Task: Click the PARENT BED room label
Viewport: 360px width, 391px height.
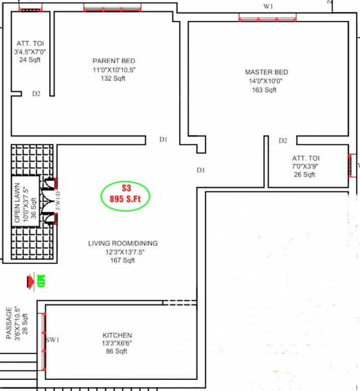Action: [x=113, y=61]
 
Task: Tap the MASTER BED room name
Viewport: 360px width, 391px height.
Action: [x=266, y=72]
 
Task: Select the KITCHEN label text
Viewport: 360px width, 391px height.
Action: [x=117, y=335]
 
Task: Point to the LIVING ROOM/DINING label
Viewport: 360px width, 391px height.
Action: [x=123, y=243]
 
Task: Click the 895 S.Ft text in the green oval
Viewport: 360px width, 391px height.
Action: [x=125, y=199]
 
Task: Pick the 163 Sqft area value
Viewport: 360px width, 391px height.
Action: [x=264, y=90]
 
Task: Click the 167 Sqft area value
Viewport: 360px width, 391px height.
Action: [x=123, y=261]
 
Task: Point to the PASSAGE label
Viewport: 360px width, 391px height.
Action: [x=9, y=323]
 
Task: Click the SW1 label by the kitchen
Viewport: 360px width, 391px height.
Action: [x=53, y=340]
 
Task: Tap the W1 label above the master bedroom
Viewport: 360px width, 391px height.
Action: [x=268, y=7]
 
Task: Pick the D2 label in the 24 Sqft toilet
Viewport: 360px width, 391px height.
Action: [x=36, y=93]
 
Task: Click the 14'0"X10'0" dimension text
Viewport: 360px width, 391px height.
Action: [x=265, y=81]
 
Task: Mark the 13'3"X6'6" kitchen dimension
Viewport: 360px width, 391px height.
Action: [x=117, y=343]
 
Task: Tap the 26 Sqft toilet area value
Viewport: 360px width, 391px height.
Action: [x=305, y=175]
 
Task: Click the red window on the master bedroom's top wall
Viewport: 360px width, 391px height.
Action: [x=267, y=19]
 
